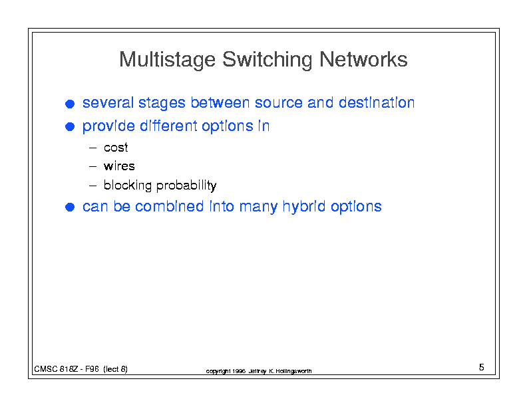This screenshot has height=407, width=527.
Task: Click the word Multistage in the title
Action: click(168, 60)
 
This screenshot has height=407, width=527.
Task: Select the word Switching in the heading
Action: click(267, 60)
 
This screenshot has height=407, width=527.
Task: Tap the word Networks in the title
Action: click(363, 59)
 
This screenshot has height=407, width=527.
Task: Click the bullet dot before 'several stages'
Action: click(70, 104)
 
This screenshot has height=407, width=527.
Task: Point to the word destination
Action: click(377, 102)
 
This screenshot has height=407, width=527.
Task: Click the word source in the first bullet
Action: click(279, 103)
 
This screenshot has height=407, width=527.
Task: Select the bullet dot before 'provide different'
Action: click(70, 126)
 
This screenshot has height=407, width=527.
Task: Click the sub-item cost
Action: click(116, 148)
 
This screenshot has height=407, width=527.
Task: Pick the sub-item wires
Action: click(119, 166)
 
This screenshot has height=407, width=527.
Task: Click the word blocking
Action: click(128, 186)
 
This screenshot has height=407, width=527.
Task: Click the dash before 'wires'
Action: click(92, 166)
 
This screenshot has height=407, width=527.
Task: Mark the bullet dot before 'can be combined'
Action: click(70, 207)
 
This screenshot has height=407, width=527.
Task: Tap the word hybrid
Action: click(304, 207)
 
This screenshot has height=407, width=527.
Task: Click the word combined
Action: click(170, 206)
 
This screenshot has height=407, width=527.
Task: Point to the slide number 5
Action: click(481, 367)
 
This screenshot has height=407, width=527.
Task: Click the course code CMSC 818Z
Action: click(56, 369)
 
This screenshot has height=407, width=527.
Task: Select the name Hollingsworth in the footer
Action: click(293, 371)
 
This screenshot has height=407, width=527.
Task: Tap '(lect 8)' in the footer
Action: click(115, 369)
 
